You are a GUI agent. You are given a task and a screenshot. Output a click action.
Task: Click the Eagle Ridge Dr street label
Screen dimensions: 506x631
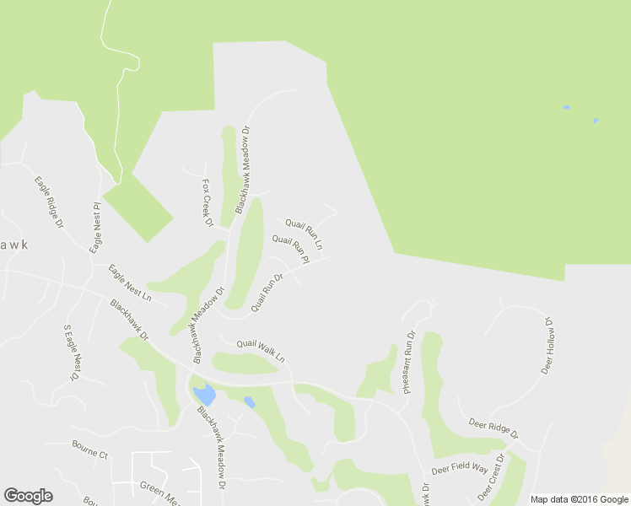coord(49,202)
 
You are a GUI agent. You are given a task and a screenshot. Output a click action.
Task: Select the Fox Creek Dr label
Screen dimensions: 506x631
coord(207,202)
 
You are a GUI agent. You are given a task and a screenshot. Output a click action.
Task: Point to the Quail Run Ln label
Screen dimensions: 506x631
coord(304,234)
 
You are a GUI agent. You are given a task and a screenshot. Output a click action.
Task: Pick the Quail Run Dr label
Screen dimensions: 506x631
coord(266,292)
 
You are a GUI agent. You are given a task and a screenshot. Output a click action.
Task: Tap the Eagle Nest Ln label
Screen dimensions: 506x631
coord(129,284)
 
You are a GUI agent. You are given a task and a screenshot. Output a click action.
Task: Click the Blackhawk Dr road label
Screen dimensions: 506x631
coord(129,320)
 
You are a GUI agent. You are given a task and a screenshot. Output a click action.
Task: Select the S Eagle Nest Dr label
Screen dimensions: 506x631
coord(71,353)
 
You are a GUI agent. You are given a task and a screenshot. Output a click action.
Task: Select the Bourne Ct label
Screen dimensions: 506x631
coord(90,455)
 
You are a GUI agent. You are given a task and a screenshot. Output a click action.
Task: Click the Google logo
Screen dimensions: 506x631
coord(28,496)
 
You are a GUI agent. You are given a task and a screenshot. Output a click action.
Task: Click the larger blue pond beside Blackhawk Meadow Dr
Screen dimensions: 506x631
coord(203,394)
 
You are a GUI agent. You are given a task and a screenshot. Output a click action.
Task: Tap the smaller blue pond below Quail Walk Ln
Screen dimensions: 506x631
coord(249,402)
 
